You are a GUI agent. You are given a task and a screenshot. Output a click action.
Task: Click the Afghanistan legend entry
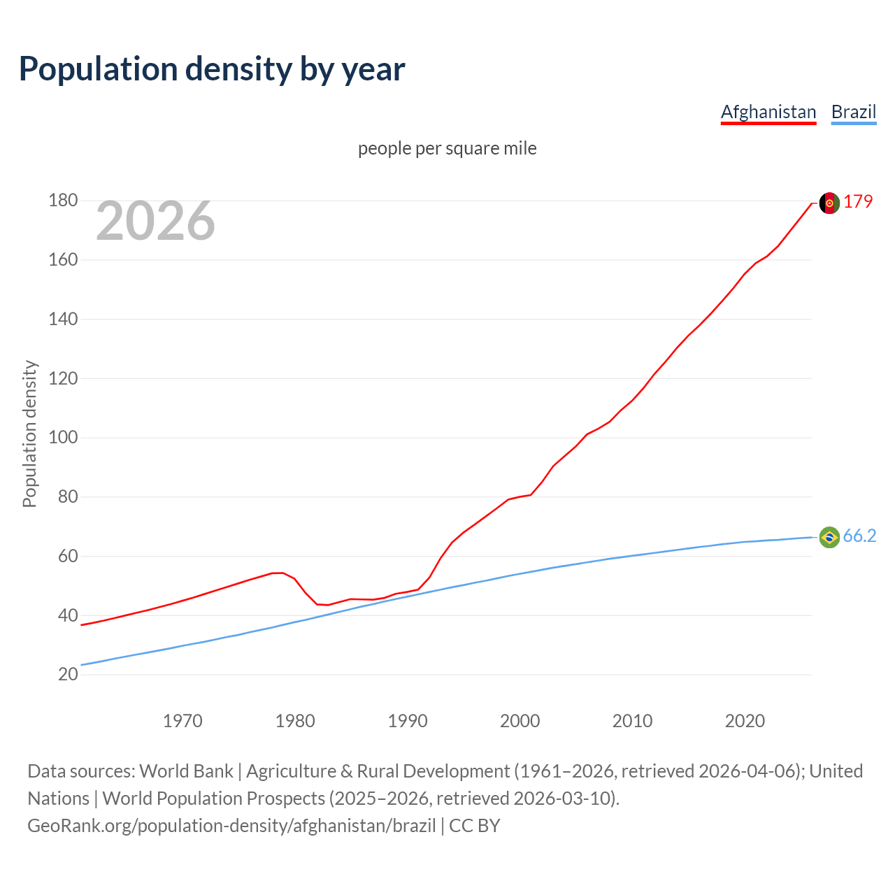coord(768,112)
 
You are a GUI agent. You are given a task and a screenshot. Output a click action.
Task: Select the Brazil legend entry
coord(854,112)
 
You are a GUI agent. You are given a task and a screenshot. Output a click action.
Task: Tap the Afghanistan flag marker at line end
coord(829,203)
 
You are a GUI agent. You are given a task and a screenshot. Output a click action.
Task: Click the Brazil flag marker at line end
coord(829,537)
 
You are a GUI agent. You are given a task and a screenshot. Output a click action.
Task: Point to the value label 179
coord(858,201)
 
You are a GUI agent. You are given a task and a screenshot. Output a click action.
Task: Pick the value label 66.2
coord(859,536)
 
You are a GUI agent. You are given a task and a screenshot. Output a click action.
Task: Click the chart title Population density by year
coord(212,69)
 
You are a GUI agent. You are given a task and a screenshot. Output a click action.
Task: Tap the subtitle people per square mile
coord(447,148)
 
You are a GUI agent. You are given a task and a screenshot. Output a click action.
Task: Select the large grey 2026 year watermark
coord(155,221)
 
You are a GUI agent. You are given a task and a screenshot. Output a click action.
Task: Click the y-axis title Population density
coord(29,434)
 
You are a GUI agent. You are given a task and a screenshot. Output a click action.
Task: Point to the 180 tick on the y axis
coord(63,201)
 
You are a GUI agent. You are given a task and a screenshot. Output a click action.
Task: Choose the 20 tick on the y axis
coord(68,675)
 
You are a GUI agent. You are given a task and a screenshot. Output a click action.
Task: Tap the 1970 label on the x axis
coord(182,721)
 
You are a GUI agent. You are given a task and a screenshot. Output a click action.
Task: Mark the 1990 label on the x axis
coord(408,721)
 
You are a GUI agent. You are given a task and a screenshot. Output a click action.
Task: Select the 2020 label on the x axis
coord(745,721)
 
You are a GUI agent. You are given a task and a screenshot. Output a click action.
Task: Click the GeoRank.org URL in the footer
coord(231,826)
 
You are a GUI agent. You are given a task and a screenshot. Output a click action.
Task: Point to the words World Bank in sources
coord(186,771)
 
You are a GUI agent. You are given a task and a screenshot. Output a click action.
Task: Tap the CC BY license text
coord(475,826)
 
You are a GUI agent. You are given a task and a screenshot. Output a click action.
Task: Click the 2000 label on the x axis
coord(520,721)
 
